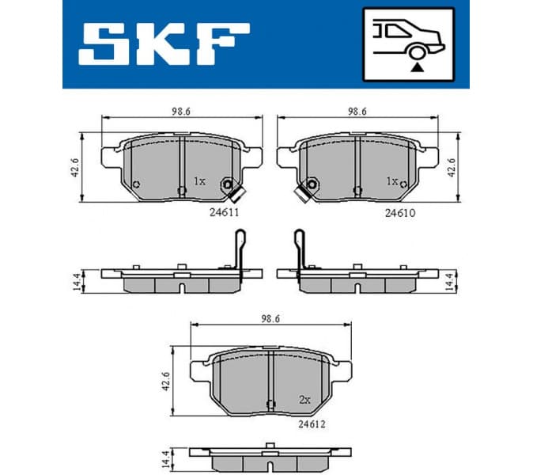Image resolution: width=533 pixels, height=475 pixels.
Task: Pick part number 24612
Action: point(312,424)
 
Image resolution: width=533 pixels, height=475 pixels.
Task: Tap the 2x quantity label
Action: point(305,400)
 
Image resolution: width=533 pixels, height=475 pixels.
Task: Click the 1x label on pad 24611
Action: point(199,181)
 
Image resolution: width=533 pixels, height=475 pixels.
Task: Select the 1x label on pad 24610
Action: point(391,181)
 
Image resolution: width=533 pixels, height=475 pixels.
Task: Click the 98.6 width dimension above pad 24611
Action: point(182,112)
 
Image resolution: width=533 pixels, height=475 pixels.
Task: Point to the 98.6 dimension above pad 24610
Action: point(359,112)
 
